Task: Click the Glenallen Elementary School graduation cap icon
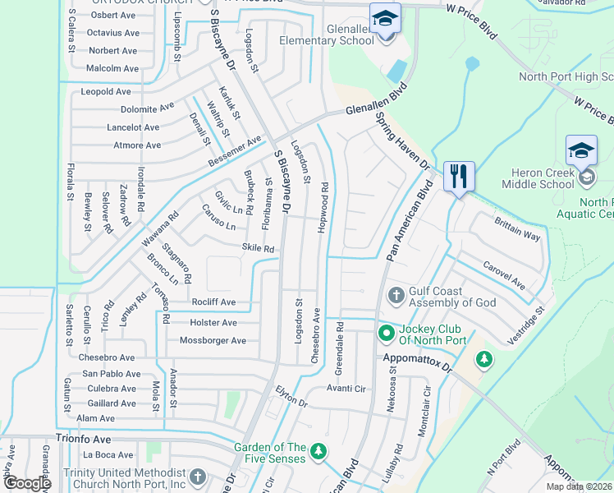pos(384,18)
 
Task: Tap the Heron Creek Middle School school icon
pos(581,151)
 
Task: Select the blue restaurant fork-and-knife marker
pos(458,175)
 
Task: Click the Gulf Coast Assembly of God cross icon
pos(395,294)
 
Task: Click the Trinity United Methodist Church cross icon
pos(197,477)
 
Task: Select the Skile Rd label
pos(257,248)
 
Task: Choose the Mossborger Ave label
pos(213,340)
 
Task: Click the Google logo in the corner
pos(27,483)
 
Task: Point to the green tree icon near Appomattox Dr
pos(484,359)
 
